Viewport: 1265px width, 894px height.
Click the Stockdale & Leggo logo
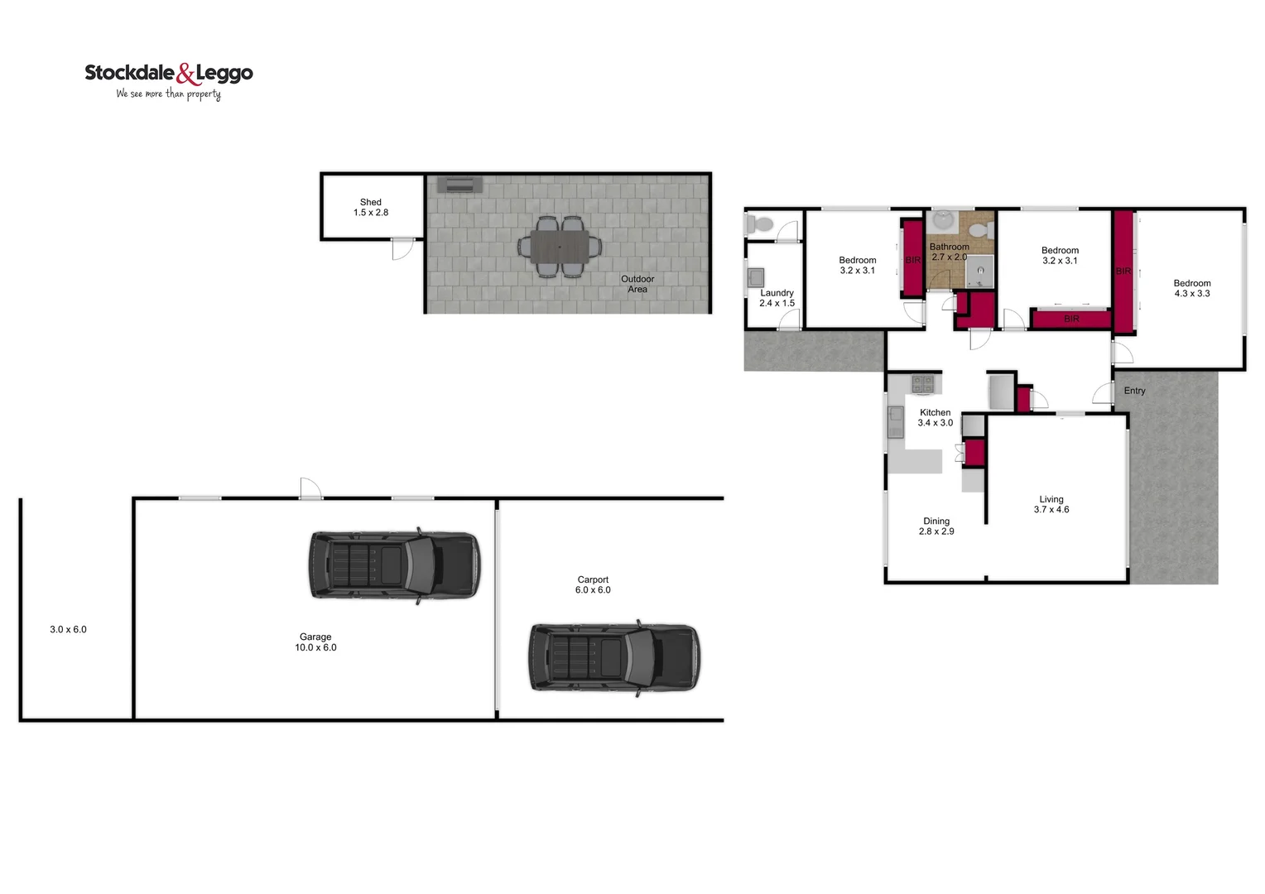(x=169, y=80)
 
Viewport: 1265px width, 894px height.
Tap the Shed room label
(x=371, y=207)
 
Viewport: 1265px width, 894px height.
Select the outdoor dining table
(x=560, y=247)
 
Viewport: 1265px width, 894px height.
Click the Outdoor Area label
(x=637, y=284)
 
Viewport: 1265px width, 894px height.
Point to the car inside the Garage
(x=394, y=565)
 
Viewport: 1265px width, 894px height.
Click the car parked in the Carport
(x=613, y=658)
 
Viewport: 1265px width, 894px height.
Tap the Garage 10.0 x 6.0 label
(x=315, y=642)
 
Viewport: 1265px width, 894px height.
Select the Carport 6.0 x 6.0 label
(x=593, y=584)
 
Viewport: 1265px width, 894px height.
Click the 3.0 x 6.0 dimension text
(x=68, y=630)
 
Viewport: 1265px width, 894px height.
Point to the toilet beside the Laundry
(x=759, y=223)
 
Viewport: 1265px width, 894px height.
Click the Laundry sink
(x=756, y=276)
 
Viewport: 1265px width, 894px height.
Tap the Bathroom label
(x=949, y=247)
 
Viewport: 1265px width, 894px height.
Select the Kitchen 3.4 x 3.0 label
(x=936, y=417)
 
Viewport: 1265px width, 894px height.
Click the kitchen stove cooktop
(x=922, y=384)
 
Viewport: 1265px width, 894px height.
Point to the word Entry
(x=1134, y=391)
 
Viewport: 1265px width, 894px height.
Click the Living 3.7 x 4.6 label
(x=1051, y=504)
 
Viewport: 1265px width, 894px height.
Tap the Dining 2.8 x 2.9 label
(x=936, y=526)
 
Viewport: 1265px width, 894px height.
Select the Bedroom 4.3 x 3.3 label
(x=1191, y=288)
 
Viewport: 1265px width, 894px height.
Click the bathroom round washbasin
(x=942, y=220)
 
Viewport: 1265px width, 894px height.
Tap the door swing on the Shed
(x=402, y=248)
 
